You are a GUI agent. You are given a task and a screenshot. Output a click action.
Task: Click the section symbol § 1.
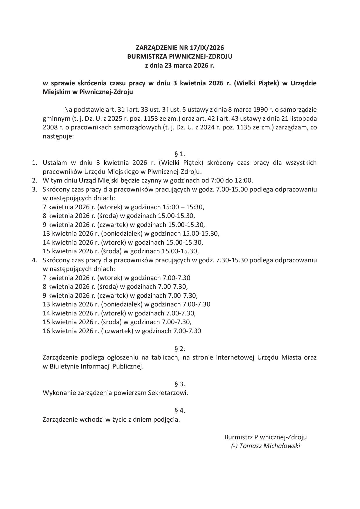click(180, 154)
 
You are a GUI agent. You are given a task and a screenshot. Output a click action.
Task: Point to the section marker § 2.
click(180, 349)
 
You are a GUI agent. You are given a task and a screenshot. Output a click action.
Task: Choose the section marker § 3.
click(180, 384)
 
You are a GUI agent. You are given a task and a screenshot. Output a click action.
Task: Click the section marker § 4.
click(180, 410)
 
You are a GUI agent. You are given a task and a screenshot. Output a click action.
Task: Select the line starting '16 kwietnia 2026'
click(122, 331)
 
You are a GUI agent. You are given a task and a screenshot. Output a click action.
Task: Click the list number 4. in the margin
click(35, 260)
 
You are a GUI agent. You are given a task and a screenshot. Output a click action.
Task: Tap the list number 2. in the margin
click(35, 181)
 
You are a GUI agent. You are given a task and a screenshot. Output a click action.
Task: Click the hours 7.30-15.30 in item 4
click(232, 260)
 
